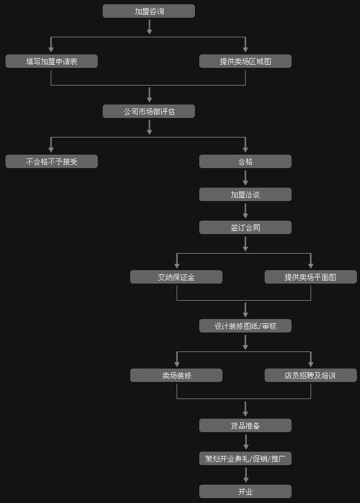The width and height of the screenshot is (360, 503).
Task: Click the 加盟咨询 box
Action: [149, 11]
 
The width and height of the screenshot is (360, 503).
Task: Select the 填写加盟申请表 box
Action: [52, 61]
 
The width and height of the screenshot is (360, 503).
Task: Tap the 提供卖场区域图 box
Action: [246, 61]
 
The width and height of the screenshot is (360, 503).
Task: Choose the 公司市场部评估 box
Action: [149, 111]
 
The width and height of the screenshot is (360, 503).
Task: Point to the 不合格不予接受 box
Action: [52, 161]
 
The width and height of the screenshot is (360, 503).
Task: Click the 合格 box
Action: [246, 161]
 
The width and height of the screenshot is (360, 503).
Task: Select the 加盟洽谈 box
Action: [246, 194]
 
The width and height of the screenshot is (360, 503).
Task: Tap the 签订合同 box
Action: [246, 227]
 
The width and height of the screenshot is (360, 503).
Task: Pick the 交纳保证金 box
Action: [176, 277]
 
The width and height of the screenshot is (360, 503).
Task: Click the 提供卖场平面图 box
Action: [310, 277]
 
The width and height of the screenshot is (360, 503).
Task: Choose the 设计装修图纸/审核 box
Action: [246, 326]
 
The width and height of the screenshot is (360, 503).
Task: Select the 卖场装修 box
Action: [176, 375]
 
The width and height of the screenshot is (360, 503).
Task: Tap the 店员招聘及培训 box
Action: [310, 375]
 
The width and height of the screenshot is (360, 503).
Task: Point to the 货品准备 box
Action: [246, 425]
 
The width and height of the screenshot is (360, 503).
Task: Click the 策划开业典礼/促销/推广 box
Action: [246, 458]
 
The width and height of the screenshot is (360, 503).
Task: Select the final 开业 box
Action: [246, 491]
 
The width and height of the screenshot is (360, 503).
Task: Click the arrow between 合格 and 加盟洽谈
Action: [246, 178]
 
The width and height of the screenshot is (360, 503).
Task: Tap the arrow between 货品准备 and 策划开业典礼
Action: [246, 442]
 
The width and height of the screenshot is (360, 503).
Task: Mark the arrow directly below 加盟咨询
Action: [149, 27]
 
